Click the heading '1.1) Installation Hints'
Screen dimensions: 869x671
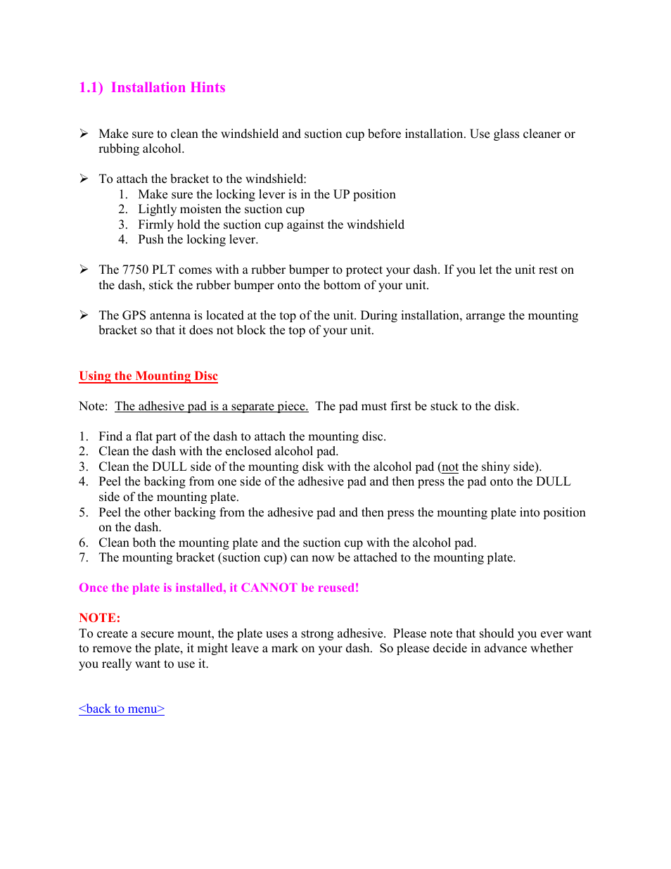click(152, 88)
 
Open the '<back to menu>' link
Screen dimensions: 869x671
click(122, 709)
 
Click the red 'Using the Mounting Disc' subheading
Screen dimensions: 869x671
click(148, 376)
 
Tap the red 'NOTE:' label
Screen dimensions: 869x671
click(99, 618)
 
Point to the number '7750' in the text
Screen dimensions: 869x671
click(135, 269)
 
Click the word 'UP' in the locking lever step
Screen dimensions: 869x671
click(341, 194)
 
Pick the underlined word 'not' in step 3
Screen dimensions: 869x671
click(450, 467)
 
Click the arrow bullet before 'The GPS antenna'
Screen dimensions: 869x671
click(84, 315)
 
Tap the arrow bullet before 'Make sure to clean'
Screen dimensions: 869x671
click(84, 134)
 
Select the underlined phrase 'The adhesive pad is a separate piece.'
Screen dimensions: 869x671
click(212, 406)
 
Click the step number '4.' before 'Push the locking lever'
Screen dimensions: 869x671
click(123, 239)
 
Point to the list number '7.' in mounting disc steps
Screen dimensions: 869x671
click(84, 557)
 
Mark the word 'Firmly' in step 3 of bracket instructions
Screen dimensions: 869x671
click(155, 224)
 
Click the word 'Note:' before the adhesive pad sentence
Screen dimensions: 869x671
click(93, 406)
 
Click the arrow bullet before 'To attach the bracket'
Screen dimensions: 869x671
click(84, 179)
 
